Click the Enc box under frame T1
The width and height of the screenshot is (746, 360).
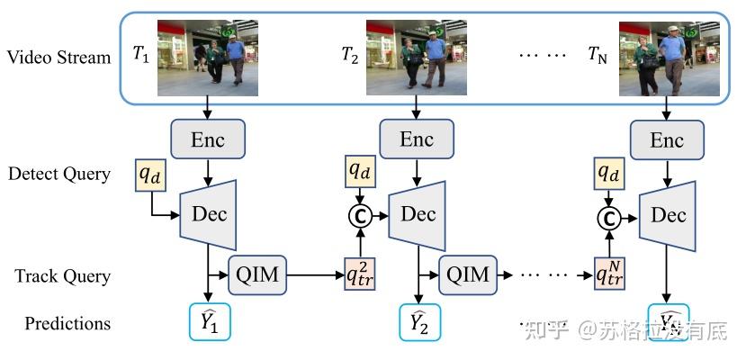point(209,140)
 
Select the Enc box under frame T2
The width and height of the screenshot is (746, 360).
point(417,140)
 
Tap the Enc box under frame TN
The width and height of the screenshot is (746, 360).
point(667,140)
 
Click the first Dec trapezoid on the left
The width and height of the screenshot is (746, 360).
point(210,213)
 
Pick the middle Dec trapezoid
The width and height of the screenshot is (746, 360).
point(418,213)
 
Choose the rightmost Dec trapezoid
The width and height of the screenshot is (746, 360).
point(669,213)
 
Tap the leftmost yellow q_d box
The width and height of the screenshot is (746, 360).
point(150,174)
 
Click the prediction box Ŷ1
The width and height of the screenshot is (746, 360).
point(210,322)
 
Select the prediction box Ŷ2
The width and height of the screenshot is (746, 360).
point(418,323)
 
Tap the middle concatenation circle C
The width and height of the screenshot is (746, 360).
point(360,216)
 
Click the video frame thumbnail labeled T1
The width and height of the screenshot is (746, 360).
point(209,58)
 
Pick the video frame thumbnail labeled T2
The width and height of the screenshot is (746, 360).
point(416,58)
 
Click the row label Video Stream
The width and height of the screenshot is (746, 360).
point(59,58)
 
